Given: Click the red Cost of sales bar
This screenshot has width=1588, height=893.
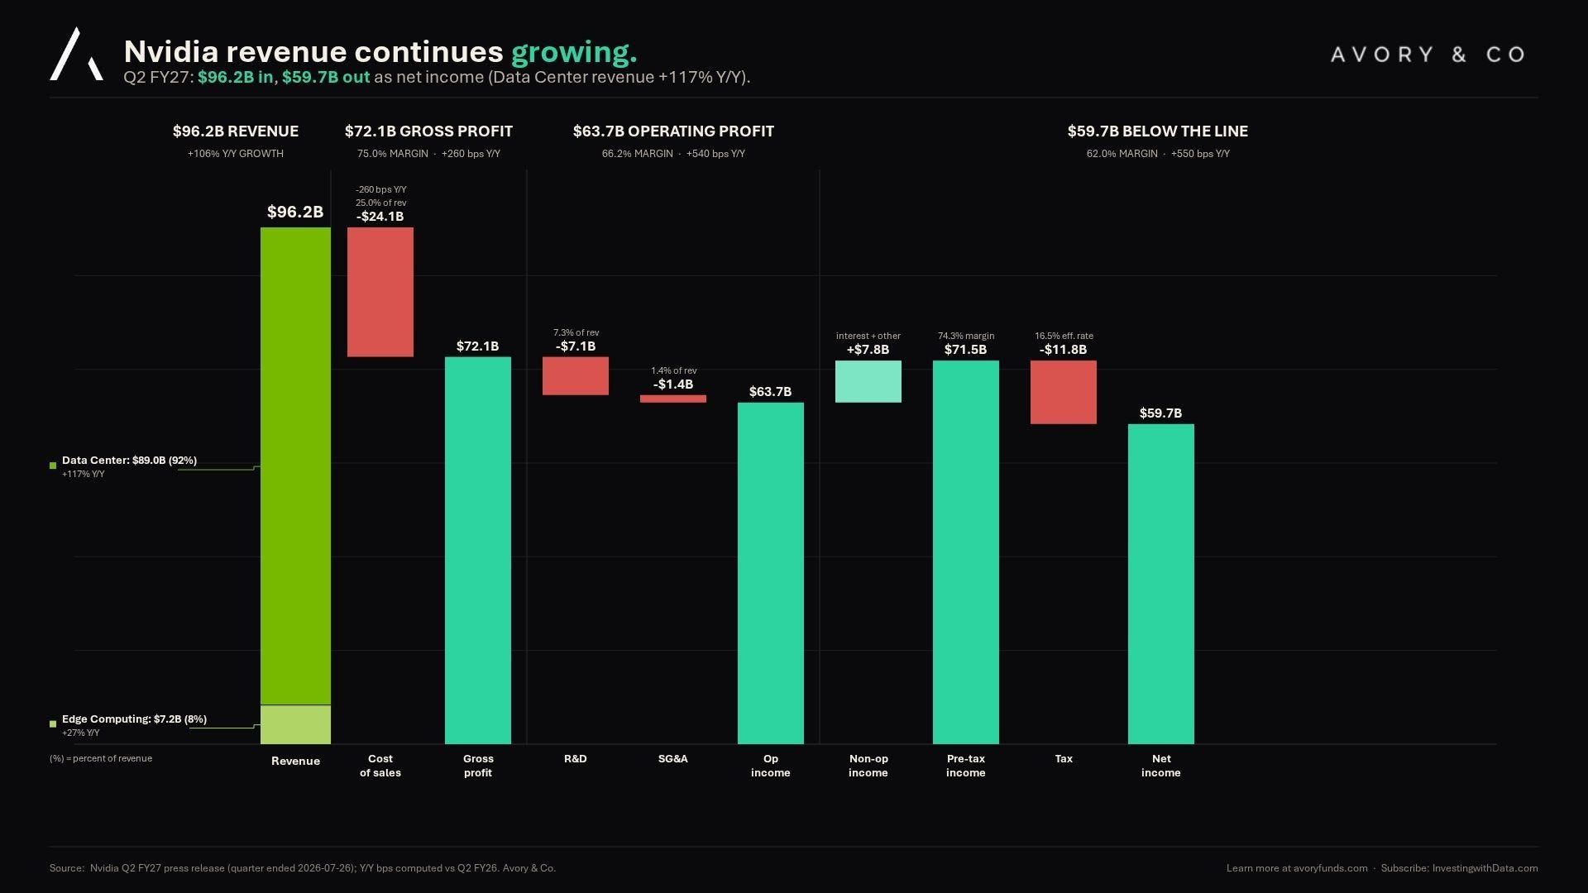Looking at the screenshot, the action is [x=380, y=292].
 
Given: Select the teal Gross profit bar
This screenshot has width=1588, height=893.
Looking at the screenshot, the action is [x=478, y=551].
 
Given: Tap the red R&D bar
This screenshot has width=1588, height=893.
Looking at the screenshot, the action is [x=576, y=376].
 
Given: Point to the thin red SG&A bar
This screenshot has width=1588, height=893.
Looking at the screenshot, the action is [x=673, y=399].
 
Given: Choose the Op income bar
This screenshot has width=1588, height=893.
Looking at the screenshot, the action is [x=771, y=573].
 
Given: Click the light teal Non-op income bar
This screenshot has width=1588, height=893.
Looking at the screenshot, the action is [x=868, y=381].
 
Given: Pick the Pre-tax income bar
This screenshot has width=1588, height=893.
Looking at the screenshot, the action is [x=966, y=552].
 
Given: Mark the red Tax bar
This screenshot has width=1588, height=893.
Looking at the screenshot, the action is [x=1064, y=392].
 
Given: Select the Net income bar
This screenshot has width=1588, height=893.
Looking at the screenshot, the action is [x=1161, y=584].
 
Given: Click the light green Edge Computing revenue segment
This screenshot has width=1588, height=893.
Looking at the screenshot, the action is [x=295, y=724].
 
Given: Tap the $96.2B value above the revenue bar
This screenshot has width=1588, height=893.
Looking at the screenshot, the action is [x=295, y=212].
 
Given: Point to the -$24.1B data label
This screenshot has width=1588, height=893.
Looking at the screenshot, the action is [x=380, y=217].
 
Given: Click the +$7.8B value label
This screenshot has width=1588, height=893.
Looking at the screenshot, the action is [x=868, y=350].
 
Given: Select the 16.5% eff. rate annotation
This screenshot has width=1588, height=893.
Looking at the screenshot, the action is [x=1064, y=336].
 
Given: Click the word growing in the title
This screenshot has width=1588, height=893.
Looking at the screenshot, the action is [x=574, y=53].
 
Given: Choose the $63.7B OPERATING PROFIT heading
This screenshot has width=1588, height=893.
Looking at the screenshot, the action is [x=673, y=131].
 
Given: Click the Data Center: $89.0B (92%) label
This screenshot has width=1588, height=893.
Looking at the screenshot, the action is [x=129, y=461].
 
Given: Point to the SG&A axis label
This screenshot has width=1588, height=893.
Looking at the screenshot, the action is [x=673, y=758].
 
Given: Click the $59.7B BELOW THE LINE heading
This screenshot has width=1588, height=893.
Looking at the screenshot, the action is [x=1158, y=131].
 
